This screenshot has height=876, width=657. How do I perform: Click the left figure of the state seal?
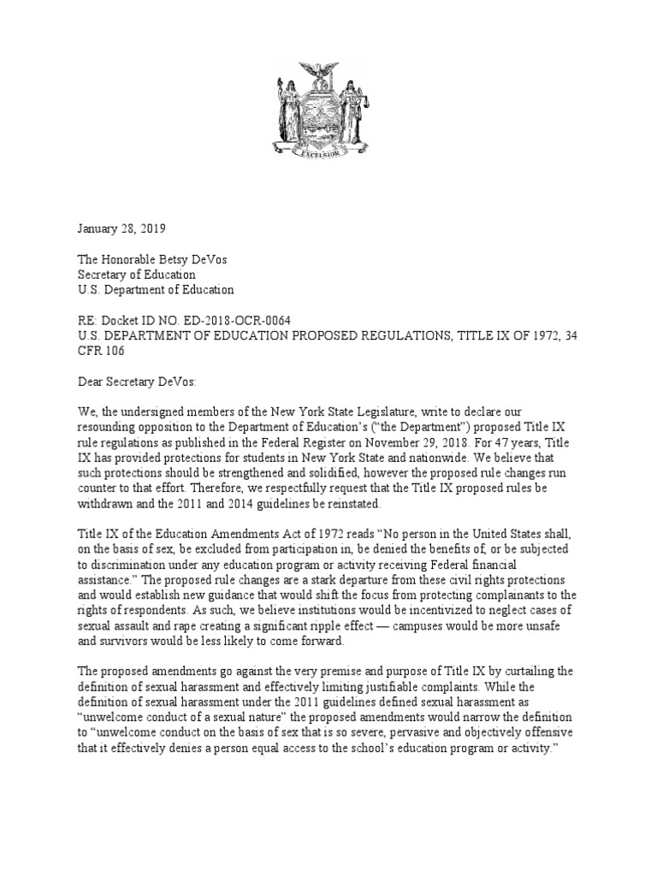(288, 111)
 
